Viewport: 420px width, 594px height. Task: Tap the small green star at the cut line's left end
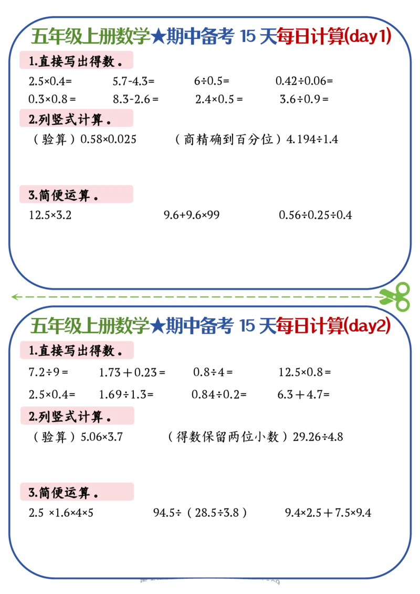(16, 297)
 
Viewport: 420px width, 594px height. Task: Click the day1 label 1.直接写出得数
(76, 61)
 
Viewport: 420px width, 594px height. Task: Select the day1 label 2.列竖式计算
(70, 119)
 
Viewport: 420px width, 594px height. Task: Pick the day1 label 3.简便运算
(64, 196)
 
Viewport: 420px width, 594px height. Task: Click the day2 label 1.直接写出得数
(76, 351)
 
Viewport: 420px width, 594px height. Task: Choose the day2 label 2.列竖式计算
(70, 417)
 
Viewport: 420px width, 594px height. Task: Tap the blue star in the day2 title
(158, 326)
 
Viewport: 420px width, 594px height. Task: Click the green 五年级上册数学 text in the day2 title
(90, 326)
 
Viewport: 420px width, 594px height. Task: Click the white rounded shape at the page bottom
(208, 587)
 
